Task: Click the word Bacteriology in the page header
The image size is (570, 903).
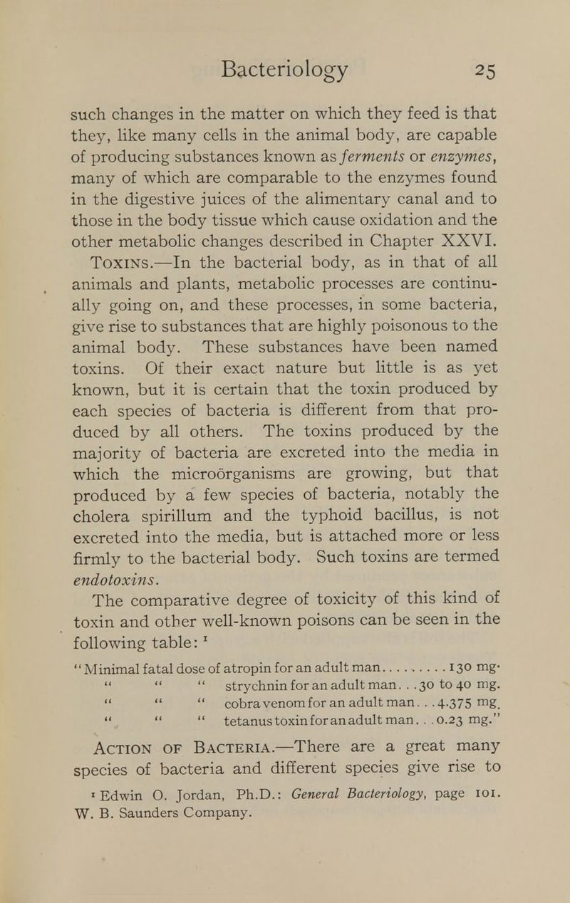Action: coord(285,69)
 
